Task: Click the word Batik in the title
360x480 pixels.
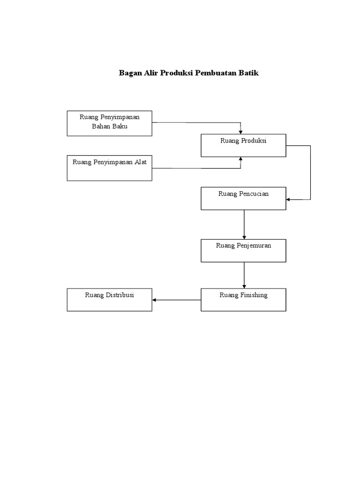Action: pyautogui.click(x=249, y=74)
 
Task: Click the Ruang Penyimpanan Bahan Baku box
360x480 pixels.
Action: pyautogui.click(x=109, y=123)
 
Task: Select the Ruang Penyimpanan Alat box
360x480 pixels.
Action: pyautogui.click(x=109, y=168)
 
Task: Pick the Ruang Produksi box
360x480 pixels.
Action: pyautogui.click(x=243, y=145)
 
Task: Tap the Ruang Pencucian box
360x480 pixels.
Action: pyautogui.click(x=243, y=198)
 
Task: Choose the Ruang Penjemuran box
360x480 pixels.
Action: pyautogui.click(x=243, y=250)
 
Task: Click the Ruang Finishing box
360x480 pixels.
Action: pyautogui.click(x=243, y=300)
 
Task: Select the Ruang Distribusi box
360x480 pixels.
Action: pyautogui.click(x=109, y=300)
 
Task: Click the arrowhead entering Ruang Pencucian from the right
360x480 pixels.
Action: pyautogui.click(x=288, y=200)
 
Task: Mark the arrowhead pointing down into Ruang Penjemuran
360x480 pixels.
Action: pyautogui.click(x=244, y=237)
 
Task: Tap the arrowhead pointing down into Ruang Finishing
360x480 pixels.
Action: pyautogui.click(x=244, y=286)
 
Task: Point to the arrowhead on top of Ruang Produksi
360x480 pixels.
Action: pyautogui.click(x=241, y=132)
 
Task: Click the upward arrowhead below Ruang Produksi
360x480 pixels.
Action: pyautogui.click(x=241, y=159)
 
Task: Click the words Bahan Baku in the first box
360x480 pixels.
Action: pyautogui.click(x=110, y=127)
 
